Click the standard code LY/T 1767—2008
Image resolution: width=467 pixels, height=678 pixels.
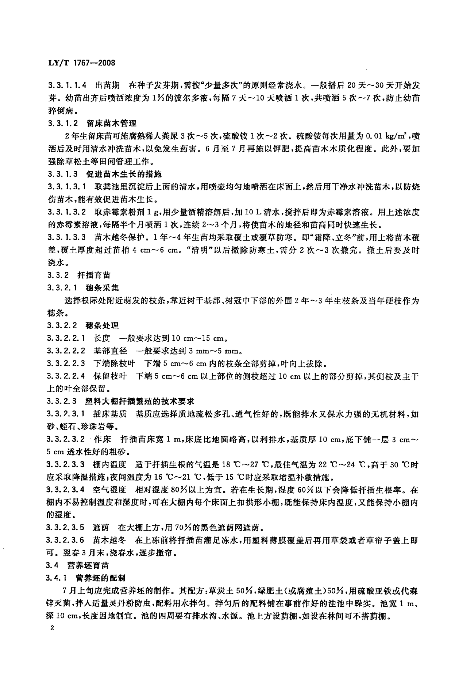(x=81, y=63)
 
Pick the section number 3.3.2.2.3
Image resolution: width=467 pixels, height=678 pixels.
(x=66, y=363)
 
